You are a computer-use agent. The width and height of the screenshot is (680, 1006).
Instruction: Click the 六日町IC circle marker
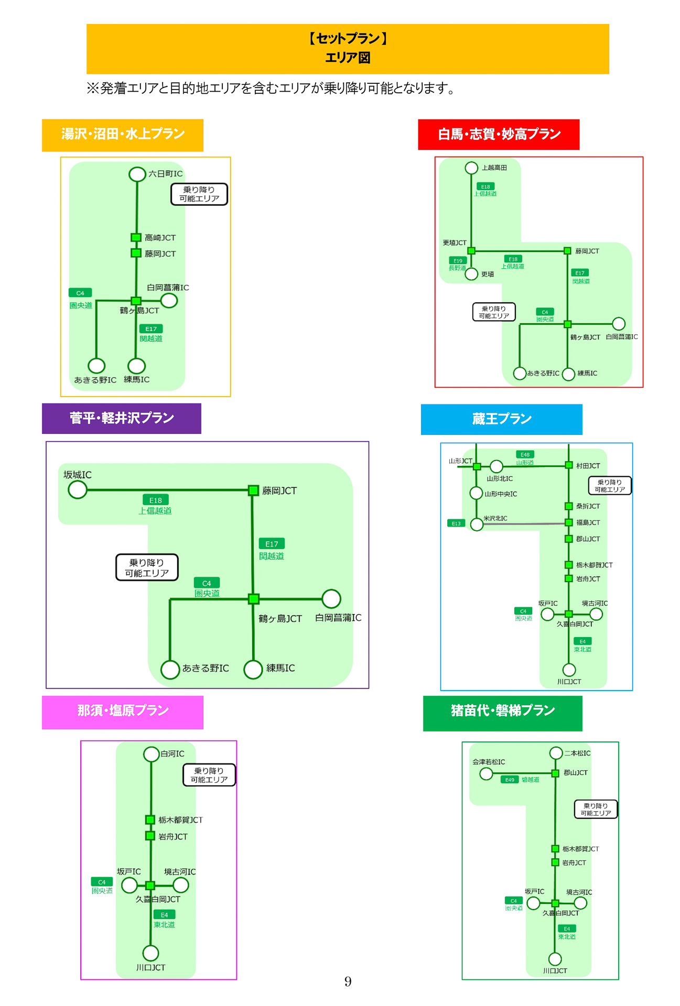coord(137,174)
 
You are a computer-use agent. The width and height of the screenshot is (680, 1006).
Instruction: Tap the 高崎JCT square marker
coord(136,237)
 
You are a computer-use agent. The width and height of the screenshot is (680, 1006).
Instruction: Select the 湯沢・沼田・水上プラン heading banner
coord(123,135)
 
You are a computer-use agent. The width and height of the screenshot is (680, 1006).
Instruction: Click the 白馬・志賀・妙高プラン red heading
coord(499,135)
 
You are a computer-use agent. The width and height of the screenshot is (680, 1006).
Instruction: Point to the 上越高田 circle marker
coord(471,168)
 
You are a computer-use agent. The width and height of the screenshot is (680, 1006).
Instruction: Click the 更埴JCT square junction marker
coord(471,251)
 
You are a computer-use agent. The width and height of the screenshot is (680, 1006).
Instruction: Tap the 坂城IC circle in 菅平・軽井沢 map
coord(78,490)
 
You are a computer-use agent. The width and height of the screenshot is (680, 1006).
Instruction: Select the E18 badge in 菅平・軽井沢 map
coord(155,500)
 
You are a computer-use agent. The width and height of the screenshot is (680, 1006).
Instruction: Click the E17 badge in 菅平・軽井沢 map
coord(272,544)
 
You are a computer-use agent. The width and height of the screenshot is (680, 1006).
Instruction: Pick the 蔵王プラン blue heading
coord(501,419)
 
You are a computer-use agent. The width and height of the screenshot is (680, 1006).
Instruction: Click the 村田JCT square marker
coord(568,465)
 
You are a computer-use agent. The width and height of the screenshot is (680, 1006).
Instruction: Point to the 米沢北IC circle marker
coord(477,524)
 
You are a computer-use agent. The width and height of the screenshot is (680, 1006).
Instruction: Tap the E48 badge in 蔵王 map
coord(525,454)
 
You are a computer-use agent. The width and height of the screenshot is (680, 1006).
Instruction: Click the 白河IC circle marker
coord(151,754)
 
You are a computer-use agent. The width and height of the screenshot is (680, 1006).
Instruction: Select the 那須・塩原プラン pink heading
coord(123,711)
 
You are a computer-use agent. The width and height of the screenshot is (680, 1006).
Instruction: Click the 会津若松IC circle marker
coord(486,773)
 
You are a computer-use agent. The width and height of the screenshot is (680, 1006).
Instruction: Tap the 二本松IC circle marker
coord(556,753)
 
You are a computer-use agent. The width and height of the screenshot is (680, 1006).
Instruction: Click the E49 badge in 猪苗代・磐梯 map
coord(510,780)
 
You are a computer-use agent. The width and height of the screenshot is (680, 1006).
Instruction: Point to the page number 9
coord(348,981)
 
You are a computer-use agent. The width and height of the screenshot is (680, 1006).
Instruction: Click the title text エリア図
coord(348,58)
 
